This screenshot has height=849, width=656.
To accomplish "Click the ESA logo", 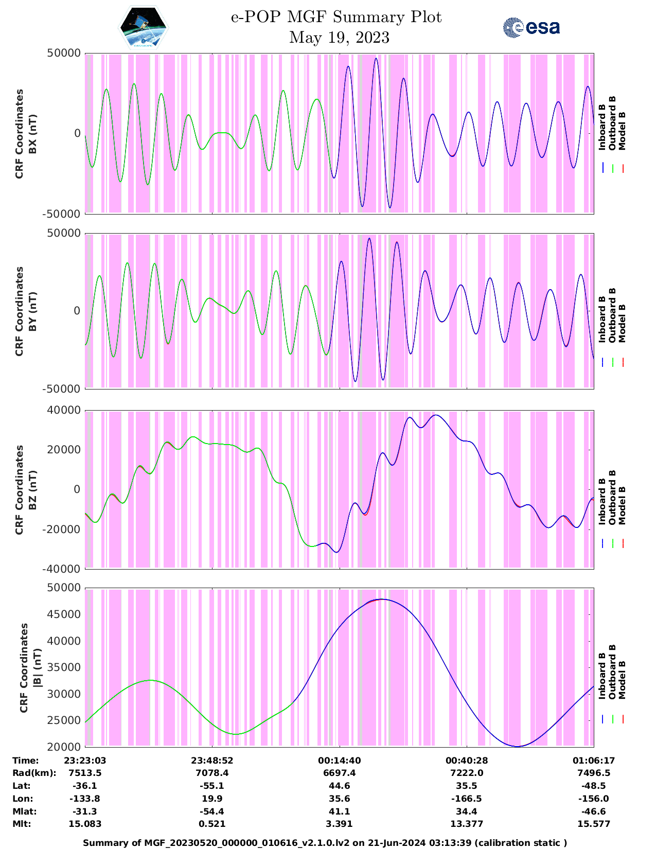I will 531,28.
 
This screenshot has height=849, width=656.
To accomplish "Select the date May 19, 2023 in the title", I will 339,38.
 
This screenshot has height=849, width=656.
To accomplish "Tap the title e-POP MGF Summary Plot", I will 336,17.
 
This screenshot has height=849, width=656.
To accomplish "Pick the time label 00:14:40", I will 340,760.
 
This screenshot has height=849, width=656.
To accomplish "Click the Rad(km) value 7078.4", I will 212,773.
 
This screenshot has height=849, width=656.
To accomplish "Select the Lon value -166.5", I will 467,799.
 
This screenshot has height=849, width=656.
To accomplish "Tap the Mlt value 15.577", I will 594,824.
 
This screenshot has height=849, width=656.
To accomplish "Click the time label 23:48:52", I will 212,760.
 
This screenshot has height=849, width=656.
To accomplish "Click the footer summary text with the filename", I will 325,843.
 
